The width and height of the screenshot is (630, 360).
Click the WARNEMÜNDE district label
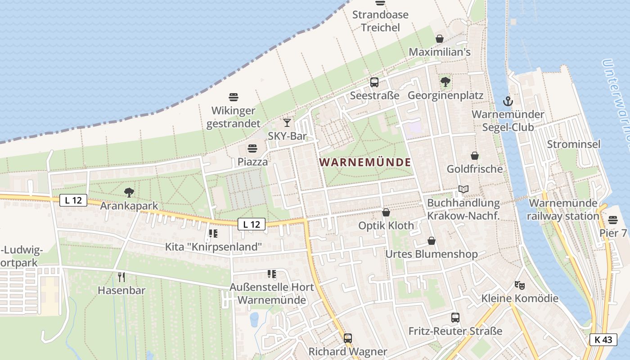pos(365,162)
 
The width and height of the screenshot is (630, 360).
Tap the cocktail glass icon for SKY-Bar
pos(287,122)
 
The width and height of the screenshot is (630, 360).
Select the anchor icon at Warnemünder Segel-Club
pos(508,101)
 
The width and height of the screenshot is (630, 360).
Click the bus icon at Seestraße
pos(374,82)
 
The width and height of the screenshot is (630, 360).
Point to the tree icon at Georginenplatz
pos(445,82)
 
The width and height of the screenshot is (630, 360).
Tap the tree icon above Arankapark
pos(129,193)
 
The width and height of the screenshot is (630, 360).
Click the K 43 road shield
pos(603,340)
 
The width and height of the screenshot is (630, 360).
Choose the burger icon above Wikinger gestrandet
pos(234,97)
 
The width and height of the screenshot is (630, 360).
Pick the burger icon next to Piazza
pos(252,148)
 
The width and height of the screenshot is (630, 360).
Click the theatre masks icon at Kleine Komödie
pos(520,285)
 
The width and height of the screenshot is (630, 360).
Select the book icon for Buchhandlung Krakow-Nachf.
pos(463,189)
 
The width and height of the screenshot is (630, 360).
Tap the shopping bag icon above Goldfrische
pos(475,156)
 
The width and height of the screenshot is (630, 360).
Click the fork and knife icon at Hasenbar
pos(121,277)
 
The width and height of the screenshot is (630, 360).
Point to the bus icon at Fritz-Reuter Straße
pos(455,318)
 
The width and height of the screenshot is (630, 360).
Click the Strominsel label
pos(574,144)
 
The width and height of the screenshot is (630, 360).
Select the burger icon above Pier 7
pos(613,220)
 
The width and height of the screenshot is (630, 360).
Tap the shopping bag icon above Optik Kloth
pos(386,212)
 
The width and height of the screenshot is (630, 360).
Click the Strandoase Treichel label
pos(380,21)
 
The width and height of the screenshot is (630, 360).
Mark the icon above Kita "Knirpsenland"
pos(213,234)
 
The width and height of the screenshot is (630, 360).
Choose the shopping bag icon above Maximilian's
pos(440,39)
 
